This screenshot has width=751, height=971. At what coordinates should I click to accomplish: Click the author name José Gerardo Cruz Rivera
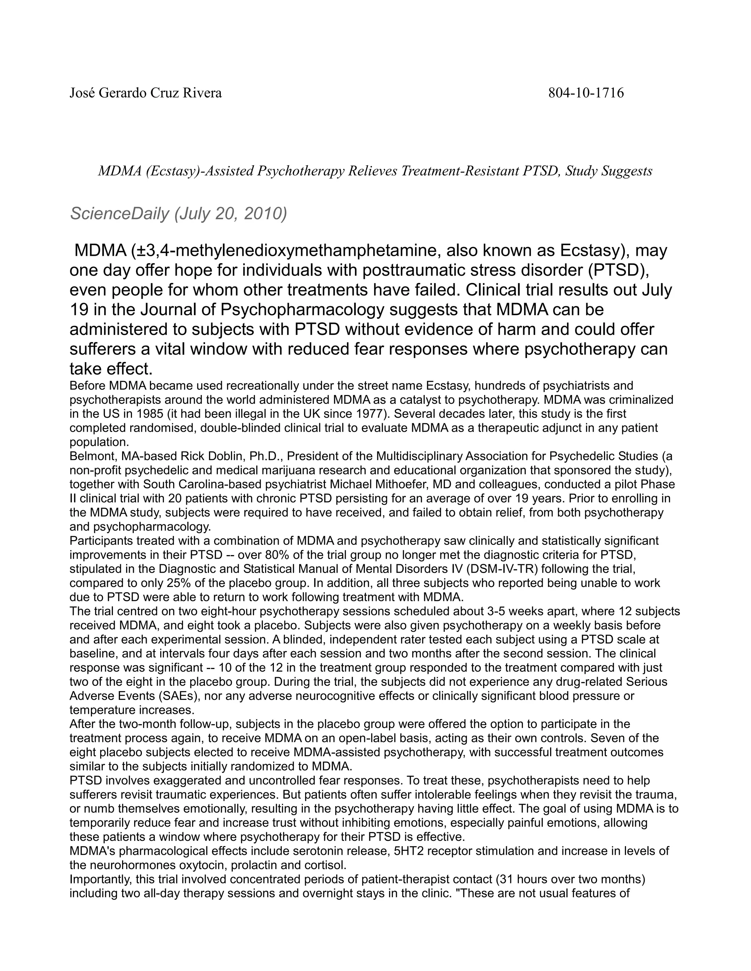click(146, 93)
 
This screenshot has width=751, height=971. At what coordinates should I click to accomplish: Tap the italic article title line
click(375, 171)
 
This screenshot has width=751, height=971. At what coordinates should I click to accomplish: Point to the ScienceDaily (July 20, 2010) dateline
click(179, 214)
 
